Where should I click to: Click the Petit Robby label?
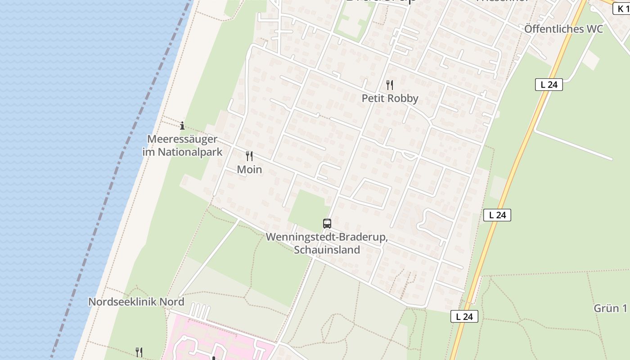pyautogui.click(x=390, y=99)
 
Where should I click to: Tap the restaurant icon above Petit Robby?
pyautogui.click(x=390, y=85)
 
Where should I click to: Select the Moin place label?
pyautogui.click(x=249, y=170)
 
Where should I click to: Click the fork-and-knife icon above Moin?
pyautogui.click(x=249, y=156)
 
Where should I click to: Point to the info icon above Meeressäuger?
pyautogui.click(x=182, y=126)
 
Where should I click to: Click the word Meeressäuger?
pyautogui.click(x=182, y=139)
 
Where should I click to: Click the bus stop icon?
pyautogui.click(x=327, y=223)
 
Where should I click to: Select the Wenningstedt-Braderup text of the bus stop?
pyautogui.click(x=327, y=237)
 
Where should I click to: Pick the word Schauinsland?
pyautogui.click(x=327, y=250)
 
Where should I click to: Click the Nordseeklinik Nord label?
pyautogui.click(x=136, y=301)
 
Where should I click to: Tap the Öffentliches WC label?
pyautogui.click(x=563, y=29)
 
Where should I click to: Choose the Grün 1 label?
pyautogui.click(x=610, y=308)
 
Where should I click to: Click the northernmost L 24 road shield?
pyautogui.click(x=549, y=84)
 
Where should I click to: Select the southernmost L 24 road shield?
pyautogui.click(x=464, y=316)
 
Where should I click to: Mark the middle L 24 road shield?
pyautogui.click(x=497, y=215)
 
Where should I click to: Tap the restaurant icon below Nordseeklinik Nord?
pyautogui.click(x=139, y=352)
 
